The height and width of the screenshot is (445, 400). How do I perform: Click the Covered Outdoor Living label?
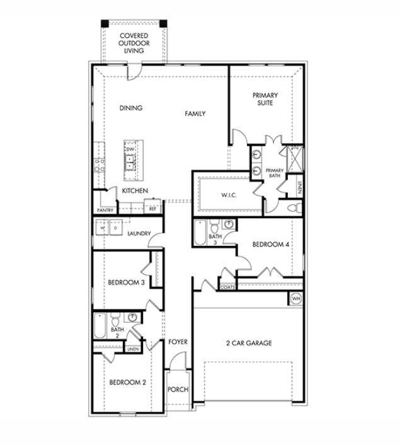tap(134, 43)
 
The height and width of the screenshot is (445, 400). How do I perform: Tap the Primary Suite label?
tap(265, 99)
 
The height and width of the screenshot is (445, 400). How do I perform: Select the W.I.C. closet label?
tap(229, 195)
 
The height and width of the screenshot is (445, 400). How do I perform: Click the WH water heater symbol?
tap(295, 298)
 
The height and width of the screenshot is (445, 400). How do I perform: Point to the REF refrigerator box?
tap(152, 207)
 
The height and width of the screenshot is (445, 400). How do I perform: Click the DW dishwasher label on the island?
tap(130, 149)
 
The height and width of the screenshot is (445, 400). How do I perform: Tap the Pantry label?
tap(105, 210)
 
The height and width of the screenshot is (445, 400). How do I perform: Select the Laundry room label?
tap(139, 234)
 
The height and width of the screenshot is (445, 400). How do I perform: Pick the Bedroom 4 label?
tap(270, 245)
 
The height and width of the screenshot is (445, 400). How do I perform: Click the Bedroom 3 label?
tap(126, 282)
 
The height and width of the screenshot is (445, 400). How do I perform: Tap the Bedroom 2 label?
tap(127, 382)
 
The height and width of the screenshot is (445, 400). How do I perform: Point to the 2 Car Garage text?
tap(249, 343)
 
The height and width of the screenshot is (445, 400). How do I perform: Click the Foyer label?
tap(178, 342)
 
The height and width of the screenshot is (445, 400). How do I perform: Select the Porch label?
tap(178, 390)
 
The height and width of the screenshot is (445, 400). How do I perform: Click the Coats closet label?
tap(228, 287)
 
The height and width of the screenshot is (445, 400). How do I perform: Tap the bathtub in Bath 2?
tap(100, 327)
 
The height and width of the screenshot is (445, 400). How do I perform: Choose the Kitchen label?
tap(135, 190)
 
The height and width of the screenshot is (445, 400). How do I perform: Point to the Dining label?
tap(130, 108)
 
